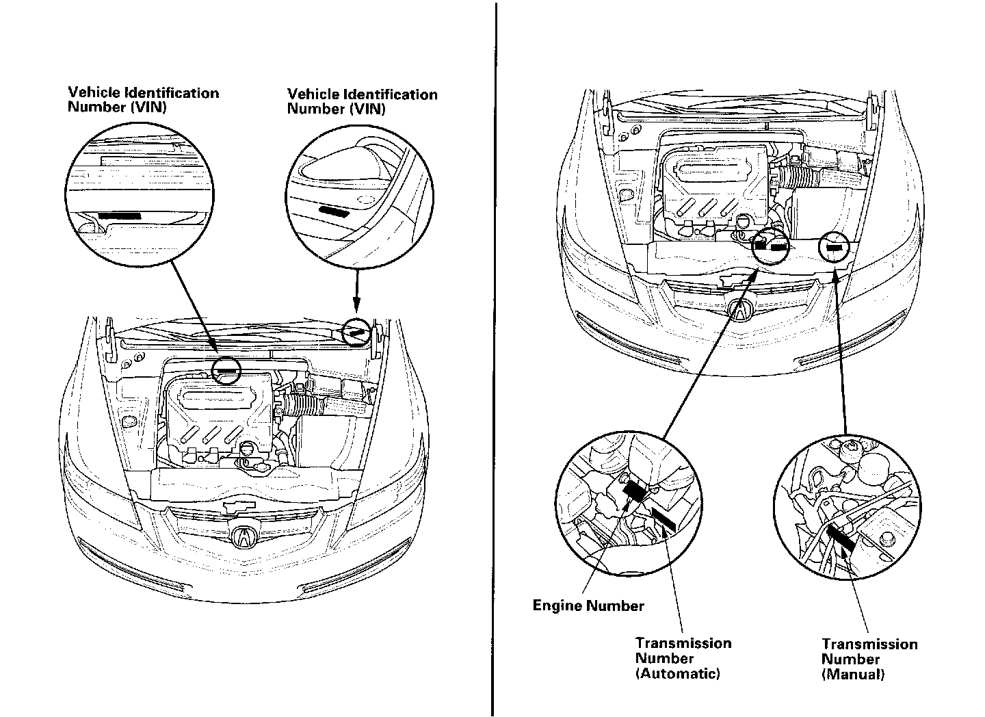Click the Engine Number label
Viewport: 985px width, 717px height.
(588, 605)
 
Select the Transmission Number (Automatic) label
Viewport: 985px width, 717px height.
(683, 658)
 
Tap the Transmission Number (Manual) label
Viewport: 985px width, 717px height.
(869, 659)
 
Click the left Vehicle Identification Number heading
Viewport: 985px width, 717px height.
(144, 100)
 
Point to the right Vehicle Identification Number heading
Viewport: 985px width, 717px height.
(363, 101)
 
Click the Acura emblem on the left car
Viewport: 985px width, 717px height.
(242, 537)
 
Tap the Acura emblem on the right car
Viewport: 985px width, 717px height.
(741, 310)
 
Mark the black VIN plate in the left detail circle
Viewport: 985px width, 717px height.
(120, 215)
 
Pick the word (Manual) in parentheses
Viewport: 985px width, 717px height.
(853, 674)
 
